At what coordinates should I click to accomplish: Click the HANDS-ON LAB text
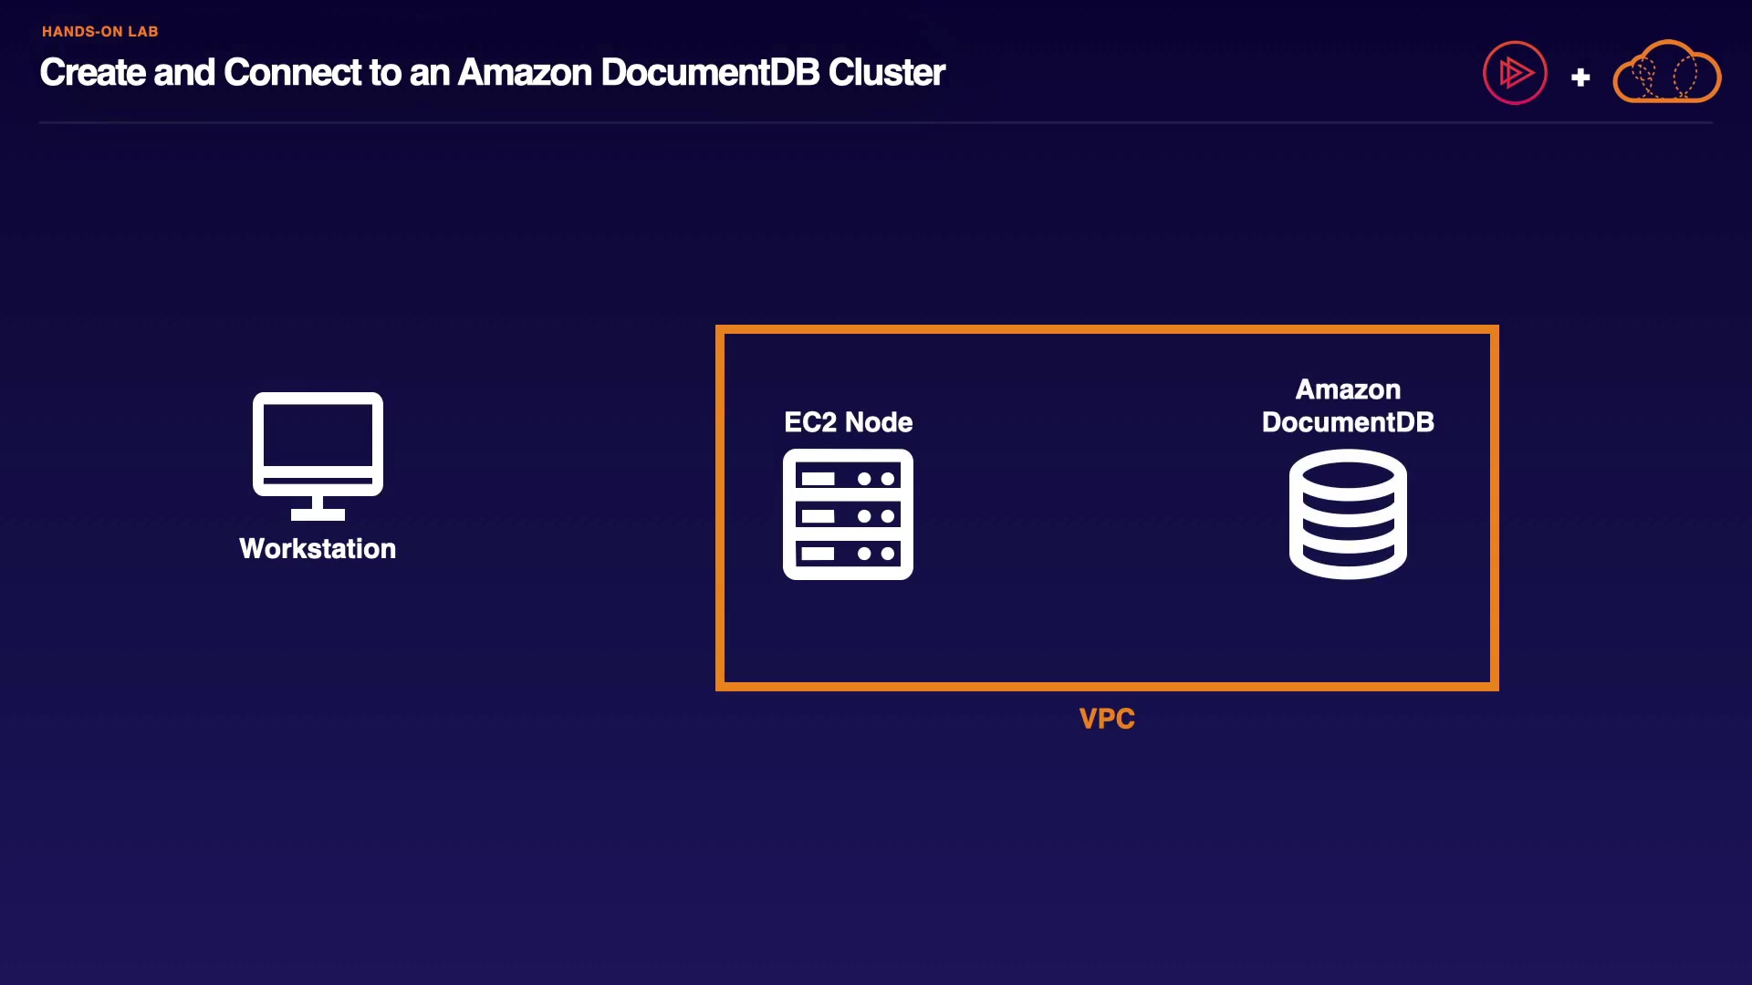pos(99,32)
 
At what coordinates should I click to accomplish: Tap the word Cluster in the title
pos(886,73)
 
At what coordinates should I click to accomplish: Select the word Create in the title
pos(92,73)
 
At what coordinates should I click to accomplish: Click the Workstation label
pos(318,548)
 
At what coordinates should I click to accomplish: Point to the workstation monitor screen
pos(318,435)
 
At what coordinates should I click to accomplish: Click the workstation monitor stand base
pos(318,514)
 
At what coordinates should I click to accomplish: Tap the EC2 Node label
pos(848,422)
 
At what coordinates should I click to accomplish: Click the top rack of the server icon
pos(848,478)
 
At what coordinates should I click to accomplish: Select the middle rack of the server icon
pos(848,516)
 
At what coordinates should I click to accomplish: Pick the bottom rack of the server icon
pos(848,554)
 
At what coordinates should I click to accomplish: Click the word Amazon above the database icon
pos(1348,389)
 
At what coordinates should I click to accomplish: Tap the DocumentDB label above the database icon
pos(1348,422)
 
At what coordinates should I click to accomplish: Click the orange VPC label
pos(1107,719)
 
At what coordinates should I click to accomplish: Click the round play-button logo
pos(1515,73)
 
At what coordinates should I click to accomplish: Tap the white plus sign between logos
pos(1580,78)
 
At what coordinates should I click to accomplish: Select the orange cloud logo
pos(1667,72)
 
